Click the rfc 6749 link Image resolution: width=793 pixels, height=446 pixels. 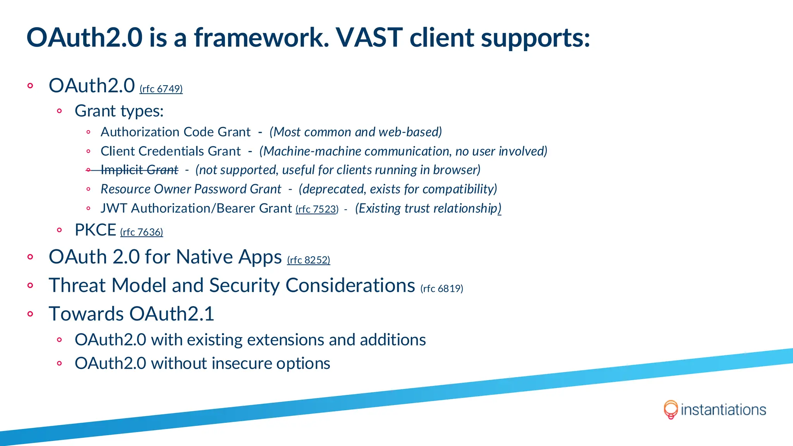[161, 89]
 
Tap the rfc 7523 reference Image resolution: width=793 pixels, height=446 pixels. [317, 209]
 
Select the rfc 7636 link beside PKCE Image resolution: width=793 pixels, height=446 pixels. [141, 232]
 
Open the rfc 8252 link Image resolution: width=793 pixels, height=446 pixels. [309, 260]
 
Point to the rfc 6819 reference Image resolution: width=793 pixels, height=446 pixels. [442, 288]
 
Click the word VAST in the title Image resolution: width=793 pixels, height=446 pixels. [369, 38]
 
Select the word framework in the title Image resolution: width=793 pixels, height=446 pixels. [262, 38]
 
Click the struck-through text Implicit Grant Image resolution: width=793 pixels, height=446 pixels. [139, 170]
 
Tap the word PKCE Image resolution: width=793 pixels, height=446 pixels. [95, 230]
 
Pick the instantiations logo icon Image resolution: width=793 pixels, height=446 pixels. [671, 410]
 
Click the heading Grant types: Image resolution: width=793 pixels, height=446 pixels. [119, 111]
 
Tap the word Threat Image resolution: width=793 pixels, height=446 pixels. [77, 285]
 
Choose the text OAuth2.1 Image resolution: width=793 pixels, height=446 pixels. [172, 314]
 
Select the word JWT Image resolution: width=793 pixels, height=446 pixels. [113, 208]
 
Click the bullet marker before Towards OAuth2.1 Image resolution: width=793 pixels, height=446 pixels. [31, 314]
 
